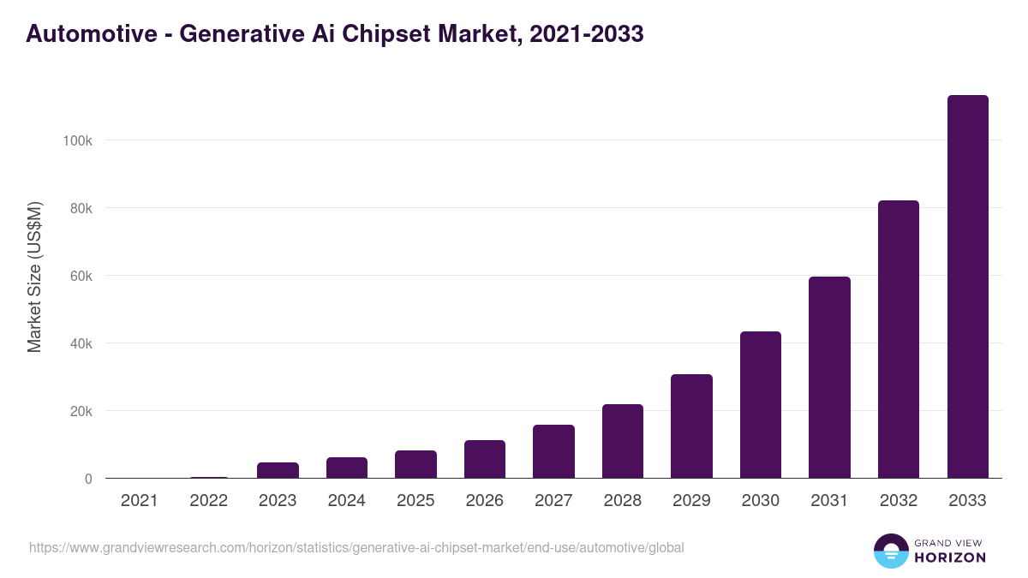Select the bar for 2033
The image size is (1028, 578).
[967, 287]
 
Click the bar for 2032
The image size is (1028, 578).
[898, 339]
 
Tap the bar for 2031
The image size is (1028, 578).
[829, 378]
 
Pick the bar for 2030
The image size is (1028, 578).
[761, 405]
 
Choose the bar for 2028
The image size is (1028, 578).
[623, 441]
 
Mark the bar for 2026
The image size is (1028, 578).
[485, 459]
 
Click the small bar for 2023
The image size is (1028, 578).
[278, 470]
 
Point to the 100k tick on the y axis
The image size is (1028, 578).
[78, 140]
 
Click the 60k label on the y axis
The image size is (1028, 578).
[81, 276]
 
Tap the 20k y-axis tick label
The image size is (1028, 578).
[81, 411]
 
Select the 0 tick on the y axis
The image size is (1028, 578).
[88, 479]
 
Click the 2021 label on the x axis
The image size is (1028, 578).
[140, 501]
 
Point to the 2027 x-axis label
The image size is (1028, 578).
[553, 501]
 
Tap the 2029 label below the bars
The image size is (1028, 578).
[691, 501]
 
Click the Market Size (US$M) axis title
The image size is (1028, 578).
[34, 277]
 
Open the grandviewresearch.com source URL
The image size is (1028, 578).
[356, 547]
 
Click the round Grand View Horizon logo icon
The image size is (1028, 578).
[890, 551]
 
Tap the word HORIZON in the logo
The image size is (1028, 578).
[949, 557]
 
